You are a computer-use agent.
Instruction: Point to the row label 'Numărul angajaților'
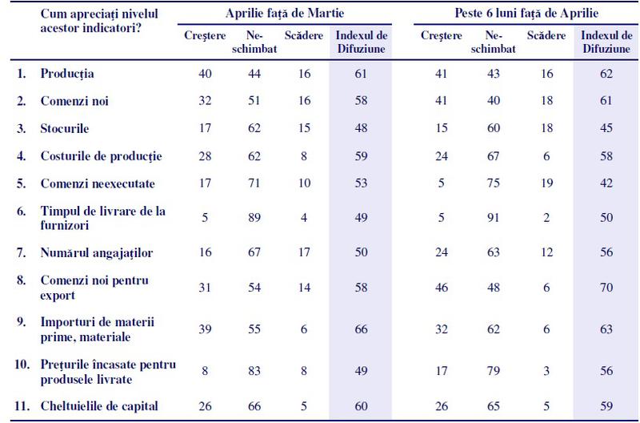[x=96, y=253]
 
